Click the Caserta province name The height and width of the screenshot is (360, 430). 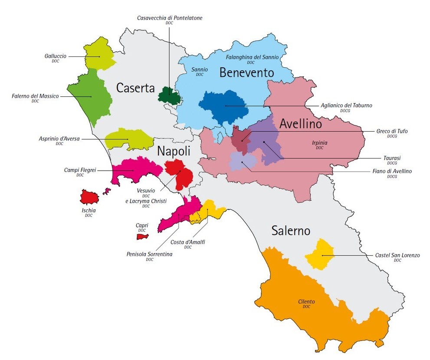pos(135,88)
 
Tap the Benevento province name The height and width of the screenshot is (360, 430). pos(246,73)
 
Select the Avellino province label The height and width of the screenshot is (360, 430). pos(301,124)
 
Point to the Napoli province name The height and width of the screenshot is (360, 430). pos(174,151)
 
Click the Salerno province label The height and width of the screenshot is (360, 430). pos(291,231)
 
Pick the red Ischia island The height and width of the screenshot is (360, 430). pos(90,197)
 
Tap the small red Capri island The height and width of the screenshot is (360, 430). pos(142,237)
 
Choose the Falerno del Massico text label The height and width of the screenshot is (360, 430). pos(35,96)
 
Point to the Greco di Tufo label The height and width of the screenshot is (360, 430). pos(392,131)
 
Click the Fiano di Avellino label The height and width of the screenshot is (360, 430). pos(392,172)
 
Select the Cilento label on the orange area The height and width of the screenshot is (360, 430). pos(306,302)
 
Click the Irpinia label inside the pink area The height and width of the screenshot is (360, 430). pos(319,142)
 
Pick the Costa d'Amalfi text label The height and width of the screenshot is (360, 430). pos(187,242)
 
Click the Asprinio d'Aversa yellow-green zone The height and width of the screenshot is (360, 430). pos(129,139)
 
